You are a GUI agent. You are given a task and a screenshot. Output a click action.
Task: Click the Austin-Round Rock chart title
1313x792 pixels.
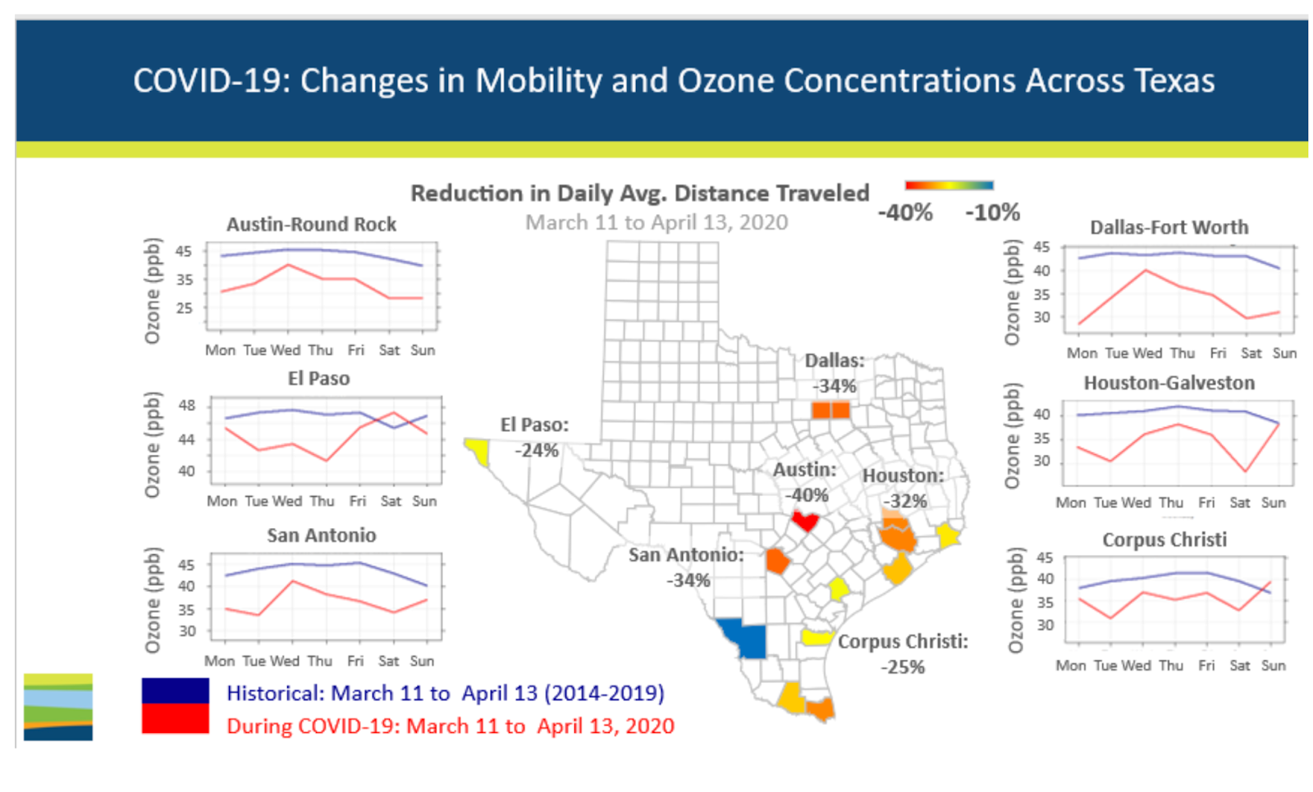coord(311,224)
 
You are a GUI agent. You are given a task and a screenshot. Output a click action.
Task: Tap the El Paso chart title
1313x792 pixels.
coord(318,379)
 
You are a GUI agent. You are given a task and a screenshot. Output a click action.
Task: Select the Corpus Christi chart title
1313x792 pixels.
coord(1164,539)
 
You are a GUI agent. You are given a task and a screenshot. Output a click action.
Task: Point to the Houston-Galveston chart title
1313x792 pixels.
coord(1169,383)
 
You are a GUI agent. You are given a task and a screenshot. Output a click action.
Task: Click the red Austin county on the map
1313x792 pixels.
coord(805,521)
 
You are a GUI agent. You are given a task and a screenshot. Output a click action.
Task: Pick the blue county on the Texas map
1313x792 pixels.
coord(745,638)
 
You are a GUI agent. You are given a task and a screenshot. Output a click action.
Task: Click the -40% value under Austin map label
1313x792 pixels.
coord(807,495)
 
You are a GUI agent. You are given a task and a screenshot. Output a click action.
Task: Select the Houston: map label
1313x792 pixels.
coord(903,476)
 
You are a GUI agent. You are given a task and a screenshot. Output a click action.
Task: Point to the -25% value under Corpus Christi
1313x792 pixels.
coord(903,667)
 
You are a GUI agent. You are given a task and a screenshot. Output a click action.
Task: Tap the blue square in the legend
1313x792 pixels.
coord(175,690)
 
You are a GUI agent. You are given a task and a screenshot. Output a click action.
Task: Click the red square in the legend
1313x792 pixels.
coord(175,719)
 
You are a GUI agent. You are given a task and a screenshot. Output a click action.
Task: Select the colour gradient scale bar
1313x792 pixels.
coord(949,185)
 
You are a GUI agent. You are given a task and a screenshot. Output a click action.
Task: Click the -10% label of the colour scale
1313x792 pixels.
coord(992,213)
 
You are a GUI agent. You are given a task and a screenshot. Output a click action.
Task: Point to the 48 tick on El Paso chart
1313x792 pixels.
coord(187,405)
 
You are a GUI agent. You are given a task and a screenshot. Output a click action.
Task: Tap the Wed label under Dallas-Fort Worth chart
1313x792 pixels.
coord(1147,353)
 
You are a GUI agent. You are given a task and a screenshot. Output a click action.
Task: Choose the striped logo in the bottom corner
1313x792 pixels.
coord(58,707)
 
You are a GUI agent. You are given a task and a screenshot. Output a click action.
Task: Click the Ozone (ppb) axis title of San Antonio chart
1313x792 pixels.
coord(153,599)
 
